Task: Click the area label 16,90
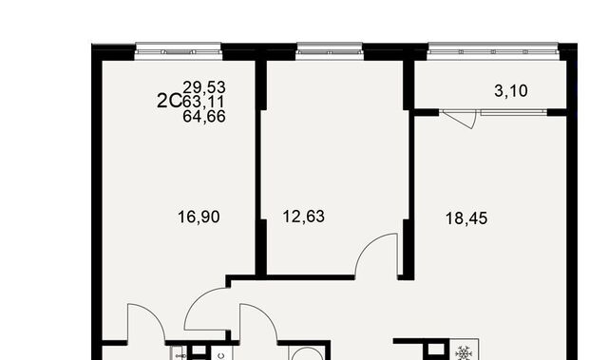click(199, 217)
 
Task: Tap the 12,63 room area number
click(304, 217)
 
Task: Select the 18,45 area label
click(466, 218)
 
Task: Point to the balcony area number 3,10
click(511, 91)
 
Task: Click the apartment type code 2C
click(169, 101)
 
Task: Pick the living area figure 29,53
click(204, 87)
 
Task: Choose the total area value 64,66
click(204, 116)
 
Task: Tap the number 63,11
click(203, 102)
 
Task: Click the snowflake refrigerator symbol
click(464, 353)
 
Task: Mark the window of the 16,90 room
click(179, 51)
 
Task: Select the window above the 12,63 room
click(330, 51)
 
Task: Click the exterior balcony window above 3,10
click(493, 50)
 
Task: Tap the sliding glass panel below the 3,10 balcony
click(514, 112)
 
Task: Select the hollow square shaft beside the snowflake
click(436, 351)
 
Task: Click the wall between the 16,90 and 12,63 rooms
click(261, 166)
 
